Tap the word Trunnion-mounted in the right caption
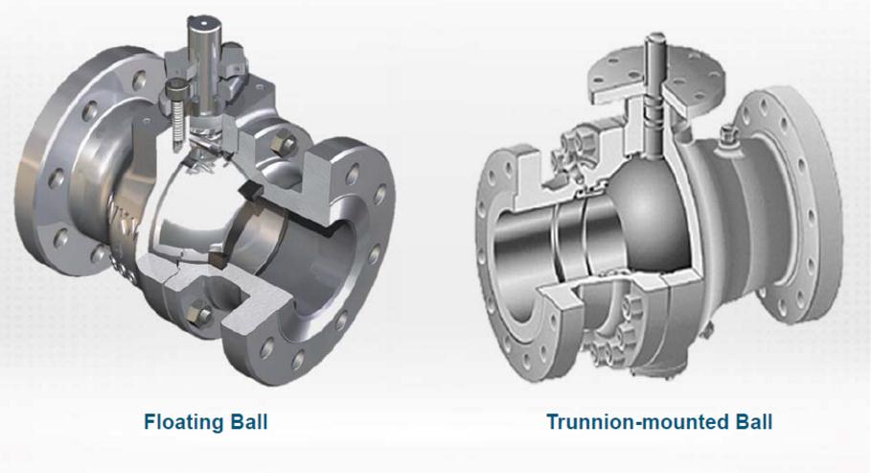pos(637,422)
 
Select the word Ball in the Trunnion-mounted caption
pos(753,422)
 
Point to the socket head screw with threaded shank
pos(177,111)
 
